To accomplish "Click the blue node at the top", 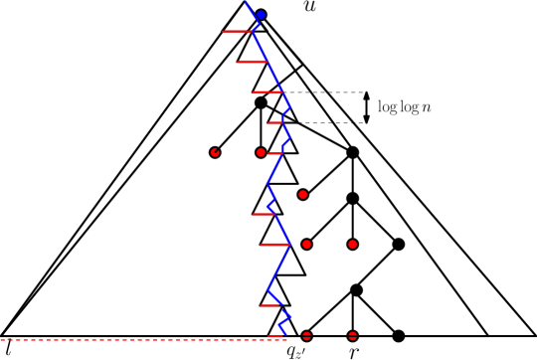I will point(261,15).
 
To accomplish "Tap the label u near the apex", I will point(308,10).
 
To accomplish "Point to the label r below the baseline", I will point(353,350).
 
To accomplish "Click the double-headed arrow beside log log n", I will point(366,107).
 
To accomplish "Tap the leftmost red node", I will point(215,152).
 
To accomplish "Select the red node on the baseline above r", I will point(353,335).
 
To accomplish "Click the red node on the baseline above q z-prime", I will point(306,335).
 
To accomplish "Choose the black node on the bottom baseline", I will point(399,335).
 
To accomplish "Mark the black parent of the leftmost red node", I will point(261,101).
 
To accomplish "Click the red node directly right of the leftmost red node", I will point(261,152).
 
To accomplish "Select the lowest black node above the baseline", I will point(356,289).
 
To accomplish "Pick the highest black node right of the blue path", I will point(352,152).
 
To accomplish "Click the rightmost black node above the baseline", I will point(399,244).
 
